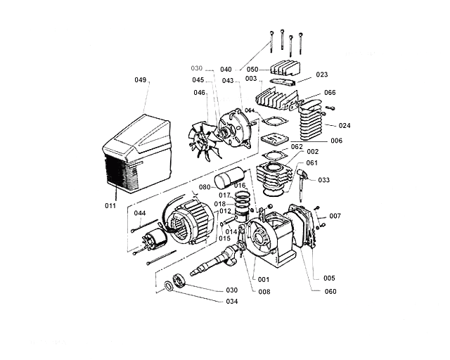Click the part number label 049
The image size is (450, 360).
141,81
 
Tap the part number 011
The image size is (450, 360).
110,206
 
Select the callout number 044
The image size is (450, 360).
140,213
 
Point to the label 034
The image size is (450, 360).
231,302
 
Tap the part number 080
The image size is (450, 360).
205,187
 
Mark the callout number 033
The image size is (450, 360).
323,180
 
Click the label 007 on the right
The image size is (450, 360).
335,215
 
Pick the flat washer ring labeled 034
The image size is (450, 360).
169,285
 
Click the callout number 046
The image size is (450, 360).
200,93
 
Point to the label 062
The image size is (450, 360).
297,147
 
